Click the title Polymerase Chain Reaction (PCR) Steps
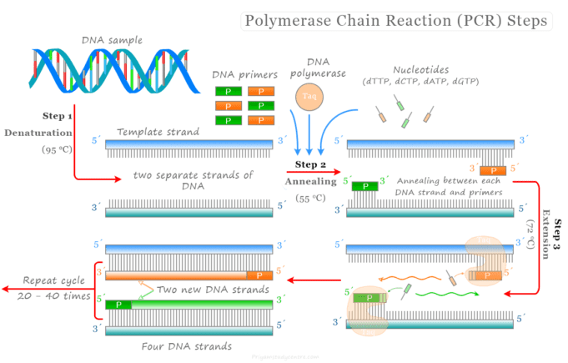pos(395,19)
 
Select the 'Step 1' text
pos(57,116)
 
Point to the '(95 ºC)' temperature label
pos(58,149)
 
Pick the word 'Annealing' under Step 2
pos(309,181)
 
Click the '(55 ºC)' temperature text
pos(310,199)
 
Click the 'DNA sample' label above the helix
pos(111,39)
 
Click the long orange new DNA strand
pos(175,275)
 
